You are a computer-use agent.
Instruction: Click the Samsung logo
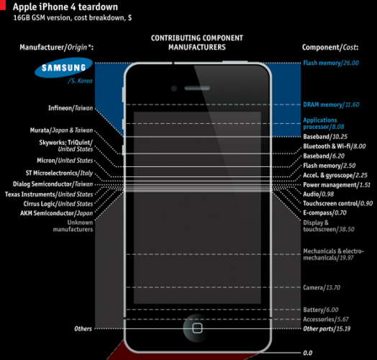[x=63, y=68]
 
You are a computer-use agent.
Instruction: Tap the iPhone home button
[x=197, y=328]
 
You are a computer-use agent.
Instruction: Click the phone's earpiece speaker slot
[x=197, y=88]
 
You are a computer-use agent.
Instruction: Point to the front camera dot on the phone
[x=174, y=89]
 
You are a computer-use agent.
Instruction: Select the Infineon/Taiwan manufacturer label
[x=71, y=108]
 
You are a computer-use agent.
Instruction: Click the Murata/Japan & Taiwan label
[x=61, y=130]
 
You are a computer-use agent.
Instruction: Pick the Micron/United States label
[x=65, y=161]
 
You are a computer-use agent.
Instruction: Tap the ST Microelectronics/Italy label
[x=59, y=173]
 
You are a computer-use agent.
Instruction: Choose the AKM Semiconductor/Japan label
[x=57, y=213]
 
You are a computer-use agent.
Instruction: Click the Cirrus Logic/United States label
[x=58, y=204]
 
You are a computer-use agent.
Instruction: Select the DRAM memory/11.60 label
[x=331, y=104]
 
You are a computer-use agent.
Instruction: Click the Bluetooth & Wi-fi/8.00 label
[x=335, y=146]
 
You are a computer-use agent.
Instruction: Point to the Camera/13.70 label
[x=322, y=287]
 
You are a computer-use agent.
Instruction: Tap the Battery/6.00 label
[x=321, y=310]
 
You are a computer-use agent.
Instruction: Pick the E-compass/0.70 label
[x=324, y=212]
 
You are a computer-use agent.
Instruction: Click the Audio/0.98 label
[x=318, y=194]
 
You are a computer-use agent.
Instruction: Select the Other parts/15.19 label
[x=327, y=329]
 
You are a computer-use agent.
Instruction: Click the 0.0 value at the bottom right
[x=307, y=353]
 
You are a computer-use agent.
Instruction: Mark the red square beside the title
[x=3, y=5]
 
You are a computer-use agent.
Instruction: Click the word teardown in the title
[x=98, y=6]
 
